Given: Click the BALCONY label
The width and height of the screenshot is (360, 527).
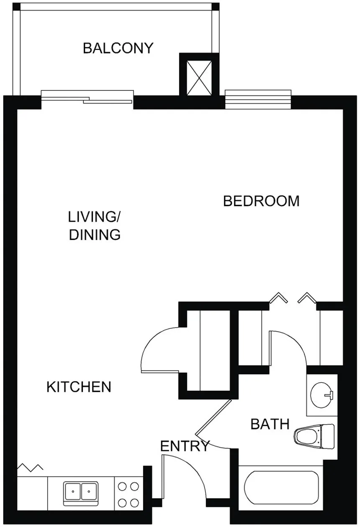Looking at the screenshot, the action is point(118,48).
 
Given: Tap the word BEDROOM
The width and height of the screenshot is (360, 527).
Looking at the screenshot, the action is point(261,201).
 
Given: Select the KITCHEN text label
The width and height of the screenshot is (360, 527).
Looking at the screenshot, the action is point(79,387).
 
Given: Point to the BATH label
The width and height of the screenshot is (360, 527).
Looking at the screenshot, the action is point(270,424).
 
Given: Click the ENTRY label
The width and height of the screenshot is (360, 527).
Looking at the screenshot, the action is point(185,446).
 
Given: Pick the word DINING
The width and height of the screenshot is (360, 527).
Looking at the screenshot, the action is point(95,235).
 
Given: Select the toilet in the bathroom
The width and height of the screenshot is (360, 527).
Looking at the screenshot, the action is point(314,438).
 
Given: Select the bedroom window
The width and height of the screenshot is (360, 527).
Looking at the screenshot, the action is point(258,99).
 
